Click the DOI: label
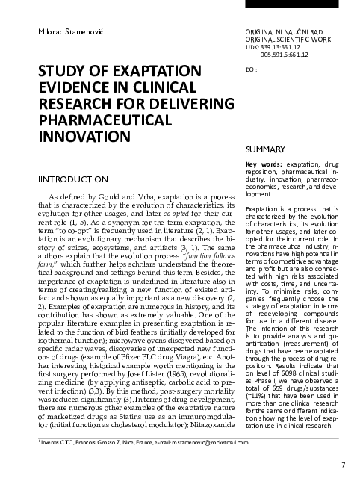(251, 69)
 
